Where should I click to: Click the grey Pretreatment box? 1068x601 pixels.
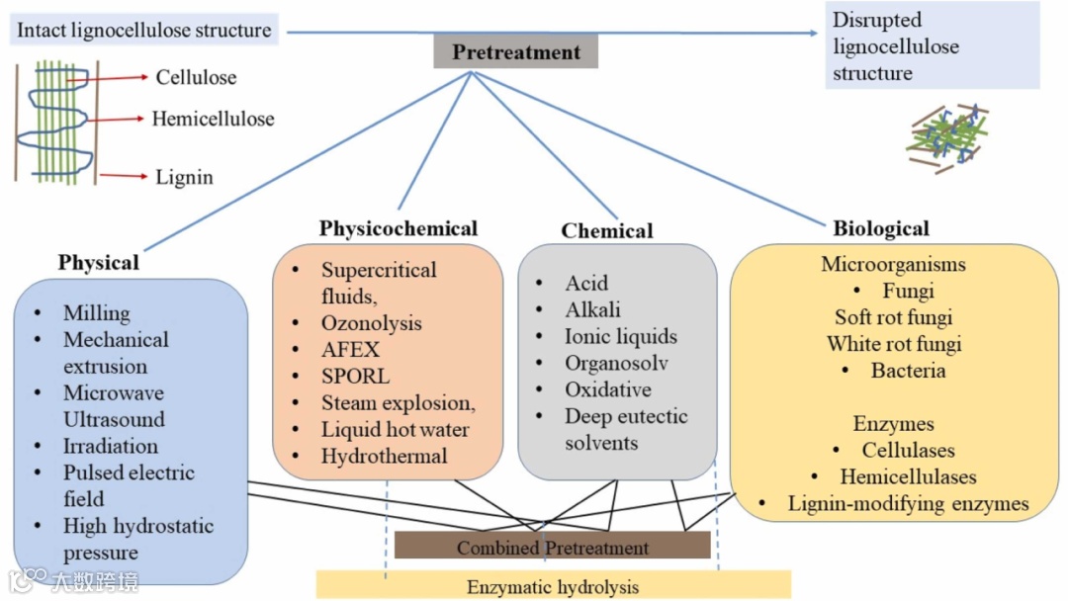coord(515,51)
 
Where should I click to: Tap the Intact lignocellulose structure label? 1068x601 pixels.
coord(144,30)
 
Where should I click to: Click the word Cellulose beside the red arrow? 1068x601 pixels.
coord(196,77)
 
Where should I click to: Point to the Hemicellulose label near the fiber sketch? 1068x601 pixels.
coord(213,119)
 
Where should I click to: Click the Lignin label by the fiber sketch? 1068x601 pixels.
coord(184,178)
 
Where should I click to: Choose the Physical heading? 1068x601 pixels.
coord(98,262)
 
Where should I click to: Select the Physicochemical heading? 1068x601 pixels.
coord(398,229)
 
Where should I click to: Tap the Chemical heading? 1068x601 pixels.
coord(607,230)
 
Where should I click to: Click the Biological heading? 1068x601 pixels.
coord(881,228)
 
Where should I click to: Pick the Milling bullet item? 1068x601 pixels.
coord(97,313)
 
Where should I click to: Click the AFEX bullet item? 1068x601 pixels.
coord(350,350)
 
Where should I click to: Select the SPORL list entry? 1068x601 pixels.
coord(355,377)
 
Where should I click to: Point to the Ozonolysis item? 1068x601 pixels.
coord(371,323)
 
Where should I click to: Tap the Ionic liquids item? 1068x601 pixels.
coord(621,336)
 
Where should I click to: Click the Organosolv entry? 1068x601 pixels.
coord(616,363)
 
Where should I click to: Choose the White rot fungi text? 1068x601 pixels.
coord(894,344)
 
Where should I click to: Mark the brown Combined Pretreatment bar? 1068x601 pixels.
coord(552,547)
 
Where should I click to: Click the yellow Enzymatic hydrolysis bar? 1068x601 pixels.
coord(553,586)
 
